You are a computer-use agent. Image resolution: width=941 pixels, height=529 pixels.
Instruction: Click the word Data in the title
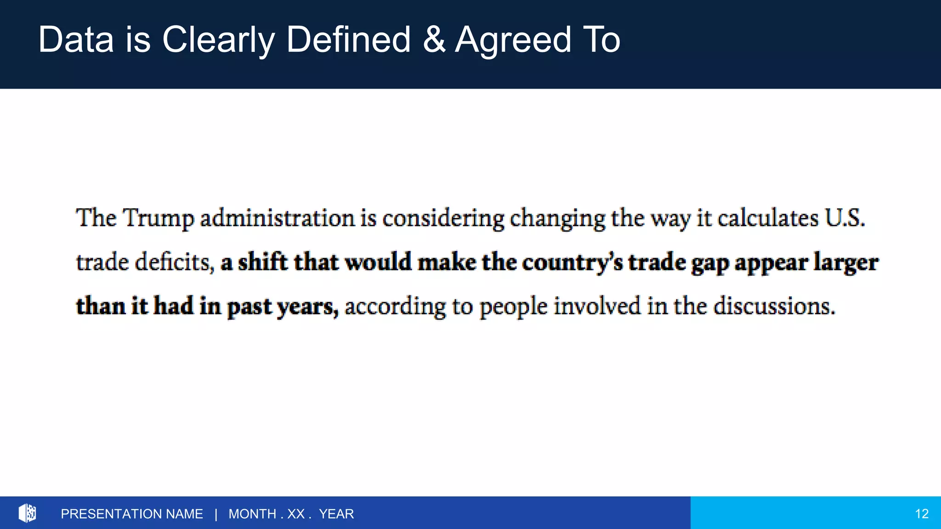tap(76, 40)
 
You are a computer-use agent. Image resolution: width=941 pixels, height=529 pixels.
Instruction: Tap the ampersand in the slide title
tap(434, 40)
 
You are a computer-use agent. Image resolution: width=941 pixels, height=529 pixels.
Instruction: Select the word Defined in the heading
tap(348, 40)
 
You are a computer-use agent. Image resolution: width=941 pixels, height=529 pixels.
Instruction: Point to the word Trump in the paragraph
tap(158, 218)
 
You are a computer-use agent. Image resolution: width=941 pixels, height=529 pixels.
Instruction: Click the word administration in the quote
tap(277, 218)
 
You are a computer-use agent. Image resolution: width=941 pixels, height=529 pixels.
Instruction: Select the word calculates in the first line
tap(768, 218)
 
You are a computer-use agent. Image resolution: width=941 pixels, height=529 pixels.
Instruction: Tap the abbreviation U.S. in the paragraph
tap(845, 218)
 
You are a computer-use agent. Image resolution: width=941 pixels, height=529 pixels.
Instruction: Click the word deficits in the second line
tap(175, 262)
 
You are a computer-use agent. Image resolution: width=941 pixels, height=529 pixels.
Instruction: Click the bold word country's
tap(573, 263)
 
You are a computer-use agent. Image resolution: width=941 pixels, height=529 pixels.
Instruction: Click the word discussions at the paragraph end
tap(774, 306)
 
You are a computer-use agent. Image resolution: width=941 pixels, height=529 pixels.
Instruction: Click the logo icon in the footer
tap(27, 513)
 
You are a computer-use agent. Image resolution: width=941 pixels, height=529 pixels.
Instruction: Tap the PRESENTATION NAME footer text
tap(132, 514)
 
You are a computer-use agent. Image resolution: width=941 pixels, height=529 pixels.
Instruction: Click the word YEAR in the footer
tap(336, 514)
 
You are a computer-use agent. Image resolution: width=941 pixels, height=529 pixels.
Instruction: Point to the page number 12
tap(922, 514)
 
